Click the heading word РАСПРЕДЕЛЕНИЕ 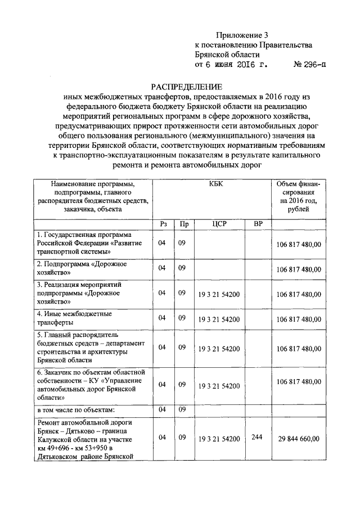pyautogui.click(x=186, y=87)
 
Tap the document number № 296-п pyautogui.click(x=309, y=65)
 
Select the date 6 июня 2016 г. pyautogui.click(x=230, y=65)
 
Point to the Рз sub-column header pyautogui.click(x=163, y=224)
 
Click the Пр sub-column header pyautogui.click(x=182, y=224)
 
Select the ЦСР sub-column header pyautogui.click(x=219, y=224)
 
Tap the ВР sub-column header pyautogui.click(x=258, y=224)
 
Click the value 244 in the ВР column pyautogui.click(x=258, y=437)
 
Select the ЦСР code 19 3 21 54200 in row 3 pyautogui.click(x=219, y=293)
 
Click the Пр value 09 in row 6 pyautogui.click(x=182, y=384)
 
